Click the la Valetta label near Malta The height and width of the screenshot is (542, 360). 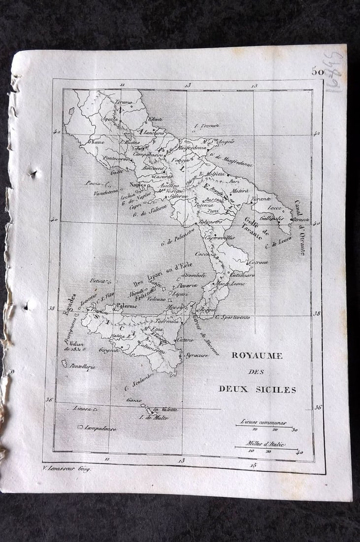[x=165, y=409]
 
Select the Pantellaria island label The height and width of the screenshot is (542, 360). [x=83, y=367]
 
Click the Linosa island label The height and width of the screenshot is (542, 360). [x=82, y=408]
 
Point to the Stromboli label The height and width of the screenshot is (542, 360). [x=194, y=275]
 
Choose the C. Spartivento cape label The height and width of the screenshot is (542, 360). [x=232, y=317]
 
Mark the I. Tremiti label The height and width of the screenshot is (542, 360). [x=206, y=125]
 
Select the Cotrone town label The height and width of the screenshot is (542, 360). [x=258, y=262]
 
